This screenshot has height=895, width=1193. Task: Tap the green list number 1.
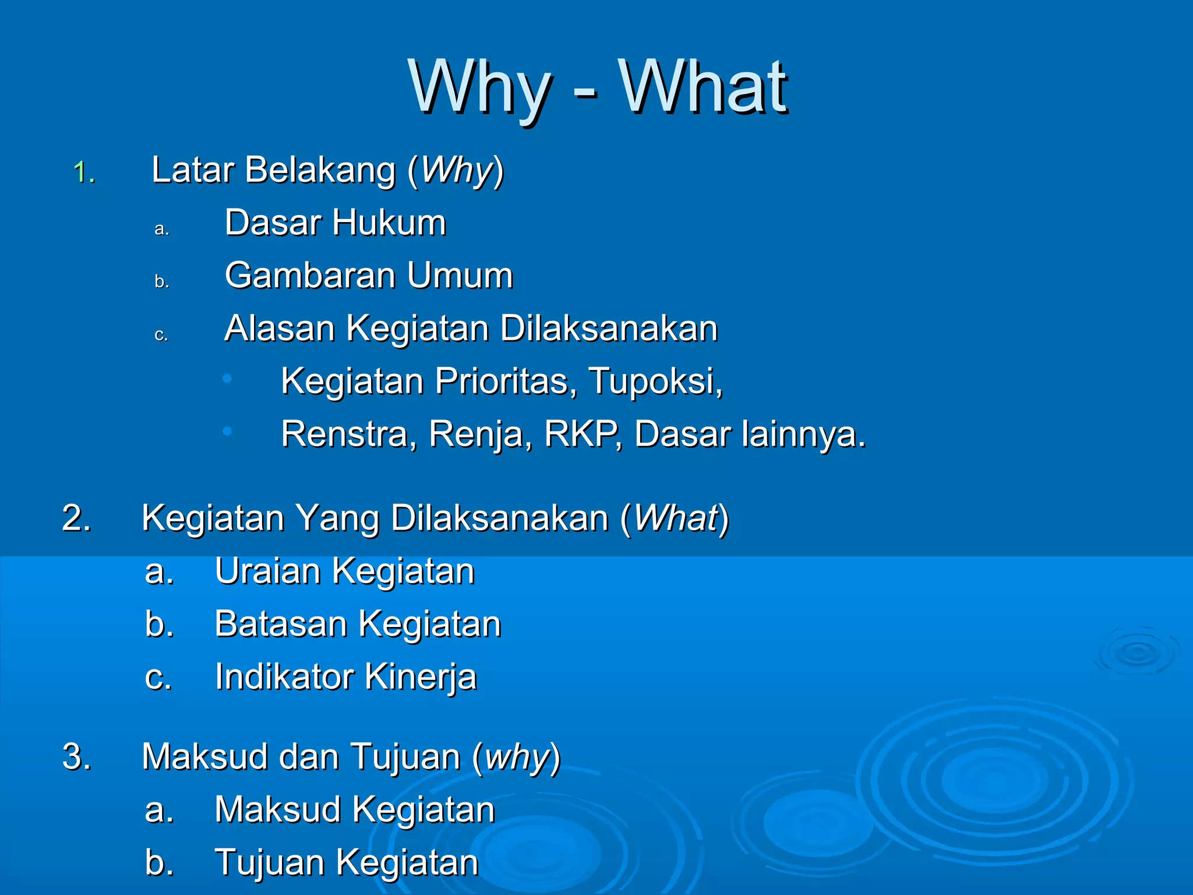point(84,172)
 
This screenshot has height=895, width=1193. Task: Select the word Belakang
point(320,170)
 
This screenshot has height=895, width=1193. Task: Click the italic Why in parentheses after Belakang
point(457,170)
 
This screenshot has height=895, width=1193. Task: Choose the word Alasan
point(280,328)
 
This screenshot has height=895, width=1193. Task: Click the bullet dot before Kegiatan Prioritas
point(227,379)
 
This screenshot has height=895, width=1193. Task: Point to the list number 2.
point(76,517)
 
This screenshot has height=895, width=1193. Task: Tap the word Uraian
point(267,571)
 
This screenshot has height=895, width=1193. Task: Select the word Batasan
point(281,624)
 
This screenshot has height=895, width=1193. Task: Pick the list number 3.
point(76,756)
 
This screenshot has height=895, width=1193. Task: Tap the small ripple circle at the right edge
point(1136,653)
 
